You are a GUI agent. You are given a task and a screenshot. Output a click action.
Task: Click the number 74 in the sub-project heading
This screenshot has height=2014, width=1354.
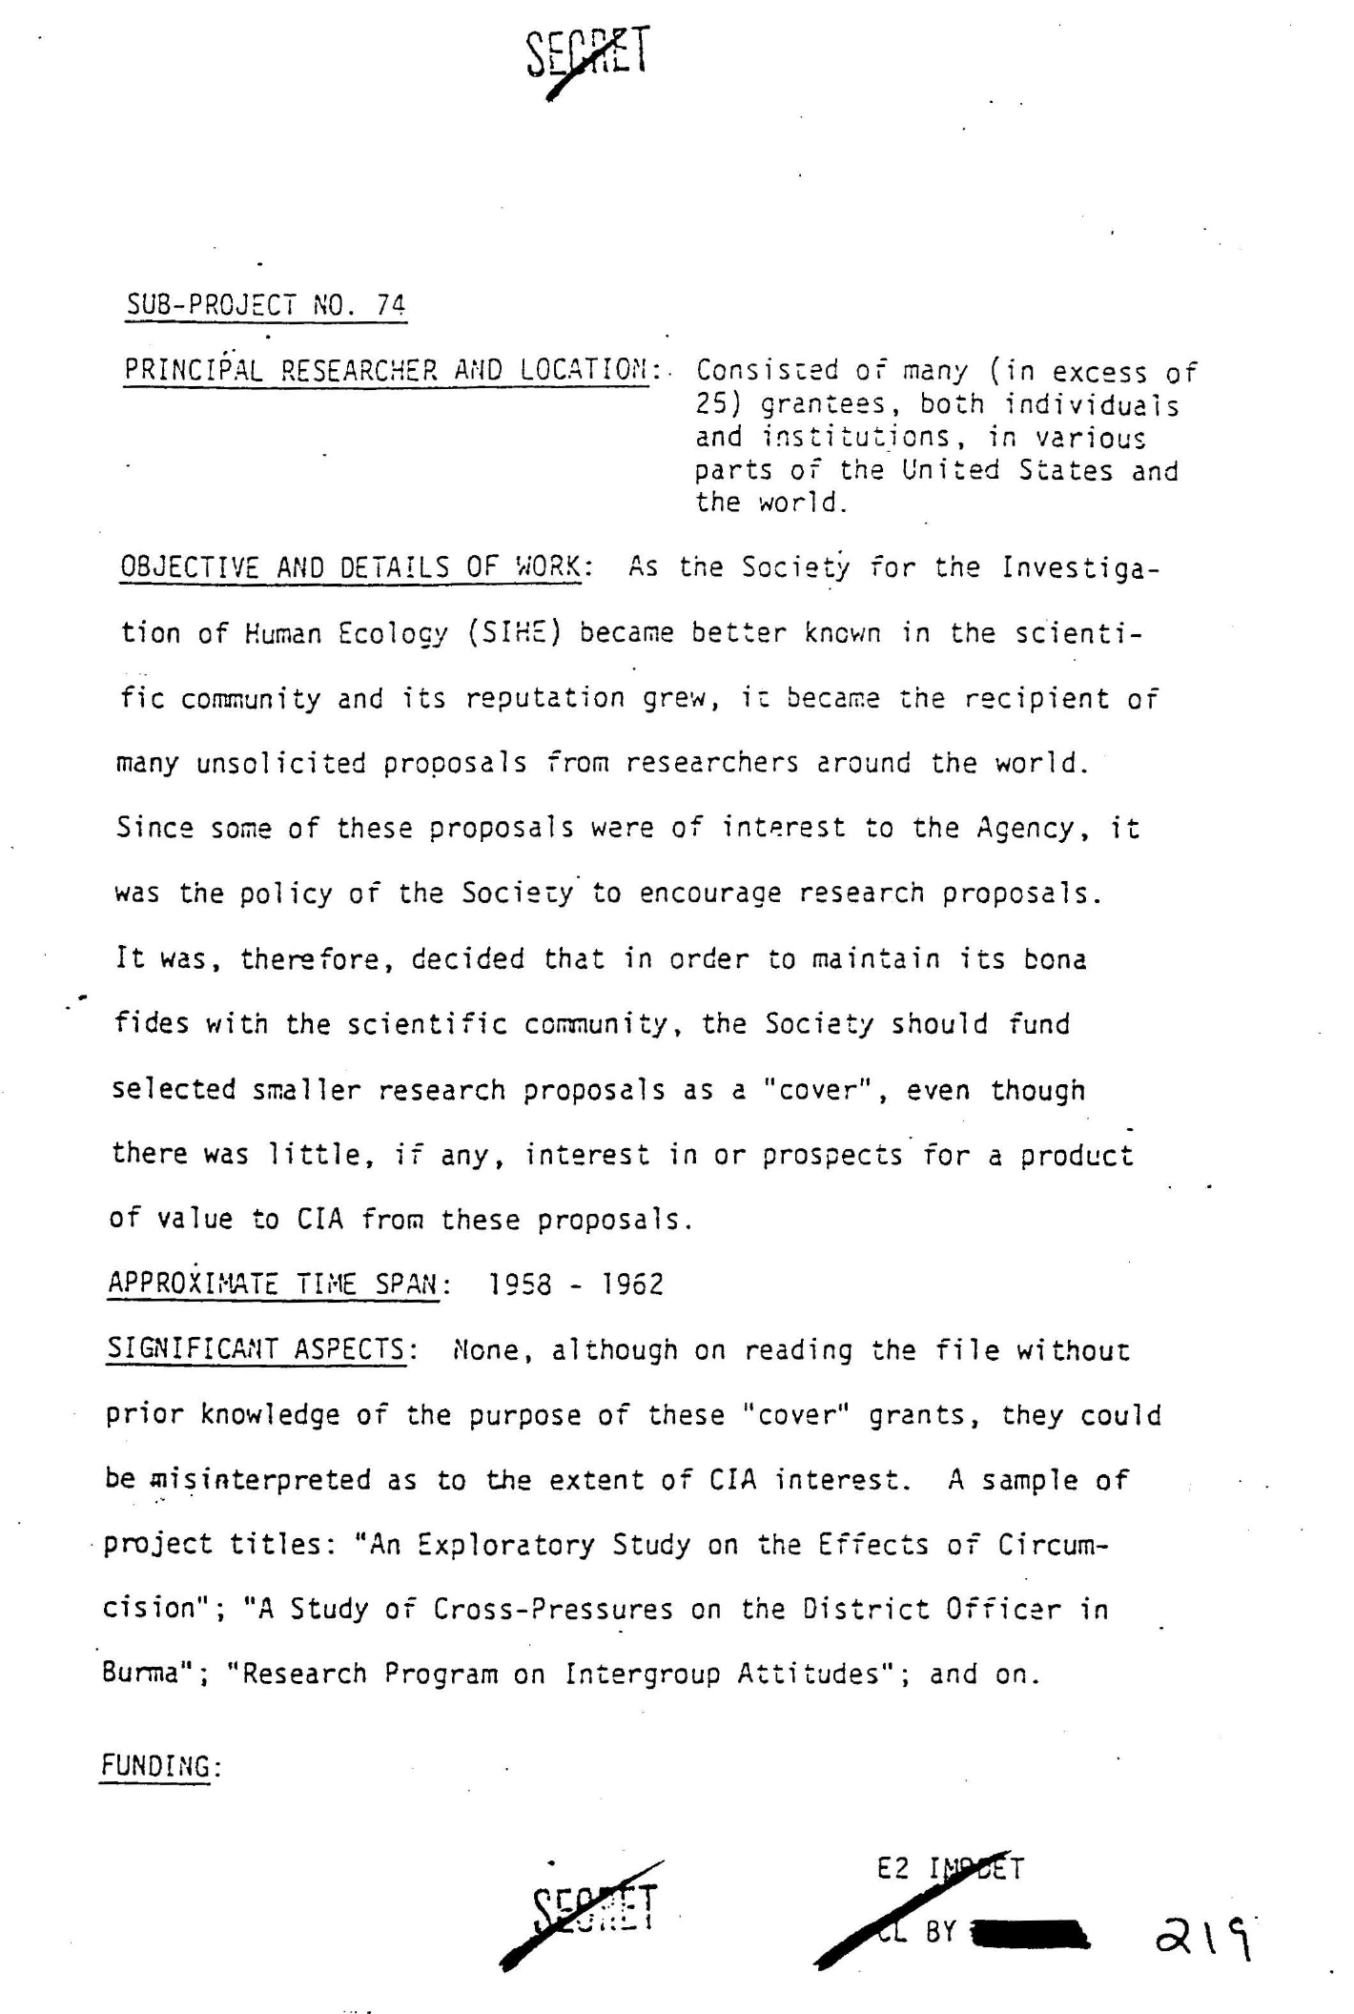coord(390,305)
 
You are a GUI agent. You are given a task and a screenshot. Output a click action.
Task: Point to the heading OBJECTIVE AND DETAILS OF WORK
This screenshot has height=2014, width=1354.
coord(350,568)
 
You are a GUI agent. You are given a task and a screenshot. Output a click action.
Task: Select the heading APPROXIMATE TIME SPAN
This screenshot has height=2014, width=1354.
coord(274,1284)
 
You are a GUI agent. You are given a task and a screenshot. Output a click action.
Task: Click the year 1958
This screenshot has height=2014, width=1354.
coord(520,1284)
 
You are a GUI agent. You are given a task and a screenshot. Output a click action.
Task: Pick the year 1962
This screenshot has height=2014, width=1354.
coord(631,1284)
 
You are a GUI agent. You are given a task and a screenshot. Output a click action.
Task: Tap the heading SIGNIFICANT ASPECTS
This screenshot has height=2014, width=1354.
coord(256,1349)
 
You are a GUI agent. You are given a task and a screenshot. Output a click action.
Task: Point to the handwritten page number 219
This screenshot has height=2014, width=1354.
coord(1203,1936)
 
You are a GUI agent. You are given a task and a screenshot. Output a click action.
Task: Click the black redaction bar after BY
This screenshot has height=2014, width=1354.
coord(1027,1933)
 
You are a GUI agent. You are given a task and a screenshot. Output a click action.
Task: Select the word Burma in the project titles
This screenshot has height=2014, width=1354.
coord(139,1675)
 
